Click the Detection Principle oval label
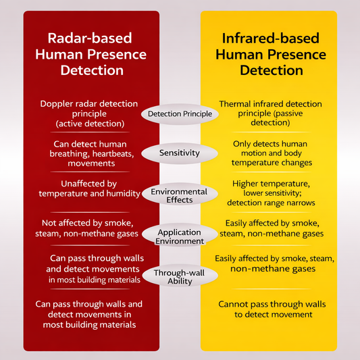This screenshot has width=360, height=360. [x=180, y=114]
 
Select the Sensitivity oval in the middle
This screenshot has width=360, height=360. [x=180, y=153]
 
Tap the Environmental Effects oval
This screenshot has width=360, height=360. [x=180, y=194]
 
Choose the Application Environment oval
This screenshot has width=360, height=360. [x=180, y=234]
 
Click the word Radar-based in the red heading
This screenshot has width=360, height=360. [x=90, y=38]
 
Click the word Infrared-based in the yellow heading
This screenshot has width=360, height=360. [x=271, y=38]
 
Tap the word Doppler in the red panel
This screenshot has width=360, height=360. [x=55, y=104]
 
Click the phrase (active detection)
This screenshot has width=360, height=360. [x=90, y=124]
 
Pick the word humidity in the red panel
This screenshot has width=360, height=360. [x=124, y=194]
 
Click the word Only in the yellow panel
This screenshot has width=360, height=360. [x=241, y=144]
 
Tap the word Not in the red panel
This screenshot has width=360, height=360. [x=48, y=223]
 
